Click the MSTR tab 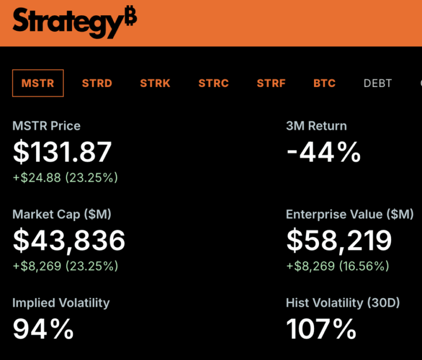pyautogui.click(x=38, y=83)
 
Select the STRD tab pyautogui.click(x=97, y=83)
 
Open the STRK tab pyautogui.click(x=155, y=83)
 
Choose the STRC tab pyautogui.click(x=213, y=83)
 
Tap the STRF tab pyautogui.click(x=271, y=83)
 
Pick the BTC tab pyautogui.click(x=324, y=83)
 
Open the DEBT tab pyautogui.click(x=378, y=83)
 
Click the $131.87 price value pyautogui.click(x=62, y=152)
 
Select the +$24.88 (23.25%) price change pyautogui.click(x=65, y=178)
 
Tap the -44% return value pyautogui.click(x=323, y=152)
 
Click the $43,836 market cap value pyautogui.click(x=69, y=240)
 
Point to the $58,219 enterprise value pyautogui.click(x=339, y=240)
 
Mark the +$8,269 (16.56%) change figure pyautogui.click(x=338, y=266)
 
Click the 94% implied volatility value pyautogui.click(x=43, y=329)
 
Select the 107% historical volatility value pyautogui.click(x=321, y=329)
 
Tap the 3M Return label pyautogui.click(x=316, y=126)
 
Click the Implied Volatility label pyautogui.click(x=61, y=303)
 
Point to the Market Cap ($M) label pyautogui.click(x=62, y=214)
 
